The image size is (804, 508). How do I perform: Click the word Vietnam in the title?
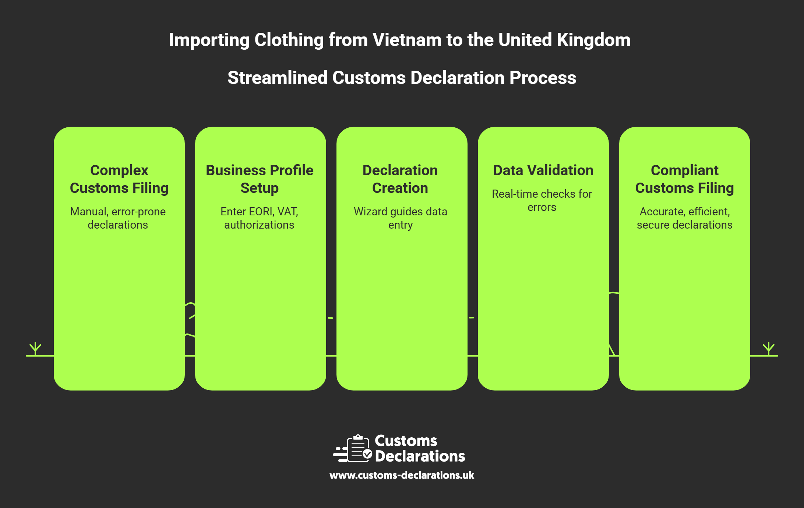[407, 40]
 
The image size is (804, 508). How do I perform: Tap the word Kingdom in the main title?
[593, 40]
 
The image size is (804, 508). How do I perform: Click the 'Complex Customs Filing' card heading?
[119, 179]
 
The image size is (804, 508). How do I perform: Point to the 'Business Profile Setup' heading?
[260, 179]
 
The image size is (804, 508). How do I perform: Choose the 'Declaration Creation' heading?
[400, 179]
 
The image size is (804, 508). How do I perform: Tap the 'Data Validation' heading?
[543, 170]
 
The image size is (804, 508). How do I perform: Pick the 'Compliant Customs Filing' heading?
[684, 179]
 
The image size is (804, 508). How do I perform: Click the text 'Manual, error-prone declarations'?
[118, 218]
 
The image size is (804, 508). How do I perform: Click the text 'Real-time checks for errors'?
[542, 200]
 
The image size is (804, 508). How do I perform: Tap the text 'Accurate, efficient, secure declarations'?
[684, 218]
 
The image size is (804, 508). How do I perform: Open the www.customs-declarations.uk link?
[402, 475]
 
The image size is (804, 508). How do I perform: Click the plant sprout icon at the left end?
[35, 348]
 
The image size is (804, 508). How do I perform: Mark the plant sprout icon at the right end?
[769, 348]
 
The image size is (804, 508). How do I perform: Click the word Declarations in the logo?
[420, 456]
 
